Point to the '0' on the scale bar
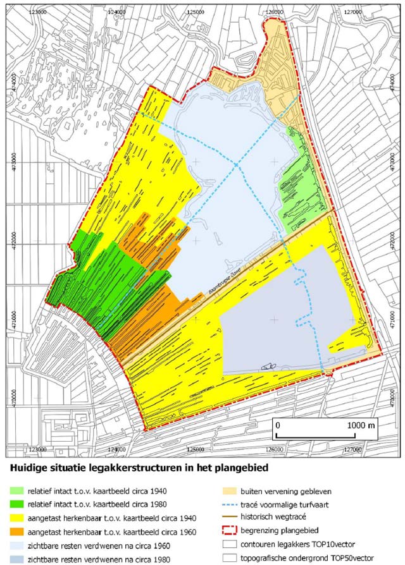pyautogui.click(x=277, y=425)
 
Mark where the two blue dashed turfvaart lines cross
pyautogui.click(x=236, y=165)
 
